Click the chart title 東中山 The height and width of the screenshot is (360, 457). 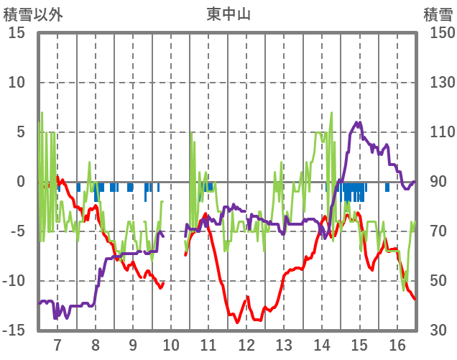228,14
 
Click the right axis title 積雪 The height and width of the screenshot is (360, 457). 438,14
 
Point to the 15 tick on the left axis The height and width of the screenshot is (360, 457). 17,33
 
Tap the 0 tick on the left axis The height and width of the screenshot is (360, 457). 21,182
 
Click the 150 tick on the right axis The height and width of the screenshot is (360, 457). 437,33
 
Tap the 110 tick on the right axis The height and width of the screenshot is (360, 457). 437,132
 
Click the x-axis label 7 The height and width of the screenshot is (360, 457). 57,344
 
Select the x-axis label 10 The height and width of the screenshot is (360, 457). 171,344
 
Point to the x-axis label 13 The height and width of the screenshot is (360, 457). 285,344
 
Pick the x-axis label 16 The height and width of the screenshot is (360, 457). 397,344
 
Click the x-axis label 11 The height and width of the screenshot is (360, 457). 208,344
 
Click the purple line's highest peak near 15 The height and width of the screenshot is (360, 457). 359,123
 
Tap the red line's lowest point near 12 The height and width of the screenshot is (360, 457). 237,322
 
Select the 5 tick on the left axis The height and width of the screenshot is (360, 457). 21,132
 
